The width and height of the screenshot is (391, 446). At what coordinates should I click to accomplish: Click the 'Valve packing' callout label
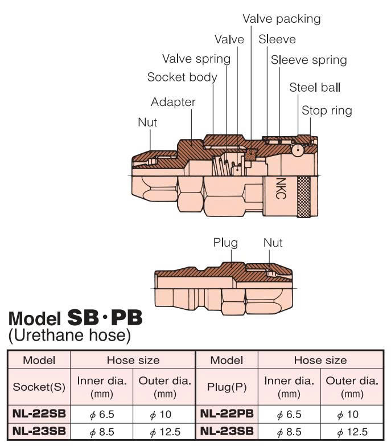(x=282, y=19)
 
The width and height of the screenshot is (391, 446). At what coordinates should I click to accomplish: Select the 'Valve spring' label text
(x=196, y=59)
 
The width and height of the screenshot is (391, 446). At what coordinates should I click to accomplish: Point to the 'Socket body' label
(x=182, y=77)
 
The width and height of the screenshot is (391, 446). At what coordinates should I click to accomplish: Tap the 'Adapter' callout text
(x=173, y=102)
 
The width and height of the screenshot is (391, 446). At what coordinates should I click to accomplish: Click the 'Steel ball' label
(x=315, y=87)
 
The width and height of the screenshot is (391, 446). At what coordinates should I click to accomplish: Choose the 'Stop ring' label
(x=327, y=111)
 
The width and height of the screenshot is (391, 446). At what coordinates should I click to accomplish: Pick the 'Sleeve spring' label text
(x=309, y=60)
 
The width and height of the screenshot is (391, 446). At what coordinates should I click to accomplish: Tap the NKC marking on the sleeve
(x=280, y=189)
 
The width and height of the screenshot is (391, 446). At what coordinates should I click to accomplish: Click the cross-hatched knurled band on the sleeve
(x=303, y=197)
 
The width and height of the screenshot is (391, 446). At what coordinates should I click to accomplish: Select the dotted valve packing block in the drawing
(x=251, y=155)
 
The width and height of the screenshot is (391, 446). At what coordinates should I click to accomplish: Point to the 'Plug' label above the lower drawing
(x=225, y=243)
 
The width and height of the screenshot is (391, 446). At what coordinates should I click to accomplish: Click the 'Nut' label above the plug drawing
(x=273, y=243)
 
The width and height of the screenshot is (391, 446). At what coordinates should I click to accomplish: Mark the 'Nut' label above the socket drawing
(x=147, y=122)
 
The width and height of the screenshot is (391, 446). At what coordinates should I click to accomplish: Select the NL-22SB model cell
(x=39, y=414)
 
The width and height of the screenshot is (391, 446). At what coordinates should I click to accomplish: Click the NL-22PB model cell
(x=227, y=414)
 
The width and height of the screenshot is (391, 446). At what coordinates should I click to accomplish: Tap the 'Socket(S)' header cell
(x=39, y=387)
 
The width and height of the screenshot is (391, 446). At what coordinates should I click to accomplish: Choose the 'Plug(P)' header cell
(x=227, y=387)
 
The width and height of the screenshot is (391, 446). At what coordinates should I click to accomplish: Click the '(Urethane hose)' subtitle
(x=69, y=335)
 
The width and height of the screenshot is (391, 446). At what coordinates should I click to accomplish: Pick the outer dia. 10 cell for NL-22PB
(x=352, y=414)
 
